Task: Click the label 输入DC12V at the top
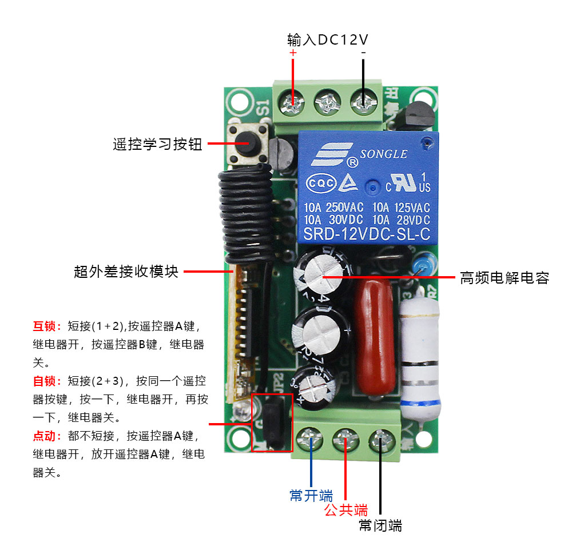(x=327, y=40)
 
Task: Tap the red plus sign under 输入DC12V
(x=293, y=53)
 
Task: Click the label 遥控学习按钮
(x=157, y=145)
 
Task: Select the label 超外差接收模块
(x=126, y=272)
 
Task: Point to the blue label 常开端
(x=311, y=495)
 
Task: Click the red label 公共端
(x=345, y=509)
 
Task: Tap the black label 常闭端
(x=380, y=525)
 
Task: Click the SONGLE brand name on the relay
(x=383, y=154)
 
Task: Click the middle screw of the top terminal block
(x=328, y=105)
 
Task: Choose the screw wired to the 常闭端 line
(x=380, y=441)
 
